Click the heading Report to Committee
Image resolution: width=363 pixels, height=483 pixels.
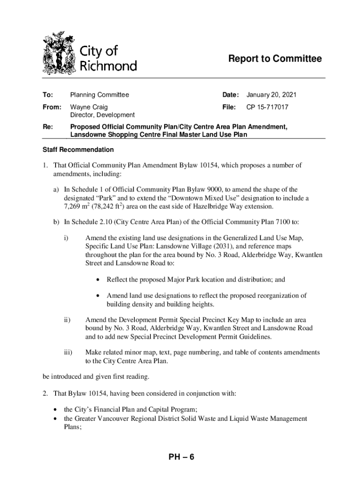click(275, 59)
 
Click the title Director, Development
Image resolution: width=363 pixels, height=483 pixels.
click(102, 115)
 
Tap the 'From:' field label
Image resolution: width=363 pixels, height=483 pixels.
click(51, 107)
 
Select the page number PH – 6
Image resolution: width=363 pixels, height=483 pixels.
click(181, 457)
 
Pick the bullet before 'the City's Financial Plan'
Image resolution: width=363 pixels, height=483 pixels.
click(57, 409)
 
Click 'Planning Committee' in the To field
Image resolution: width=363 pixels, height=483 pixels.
click(99, 95)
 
